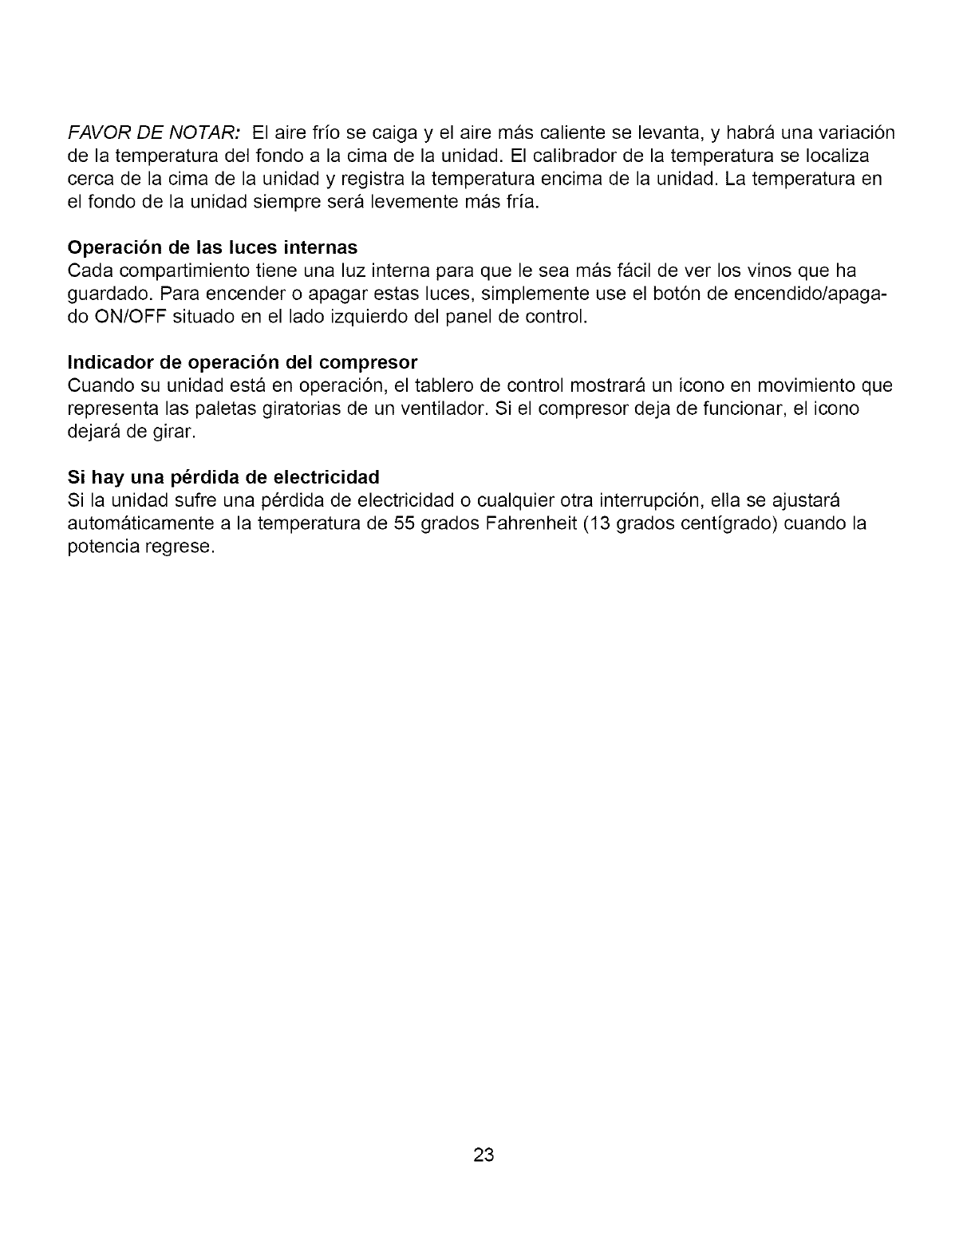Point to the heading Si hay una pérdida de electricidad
[x=223, y=478]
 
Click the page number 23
[x=484, y=1155]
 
